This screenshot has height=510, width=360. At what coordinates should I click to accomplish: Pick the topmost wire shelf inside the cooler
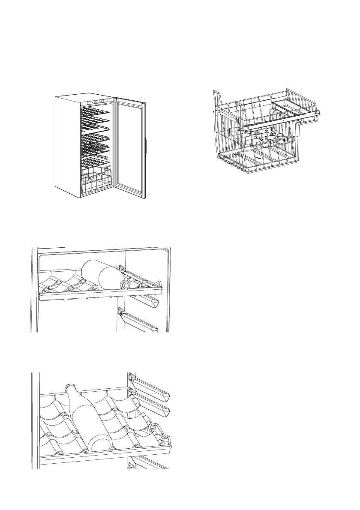tap(95, 111)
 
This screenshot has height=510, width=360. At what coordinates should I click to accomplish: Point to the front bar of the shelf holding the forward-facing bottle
tap(99, 295)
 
